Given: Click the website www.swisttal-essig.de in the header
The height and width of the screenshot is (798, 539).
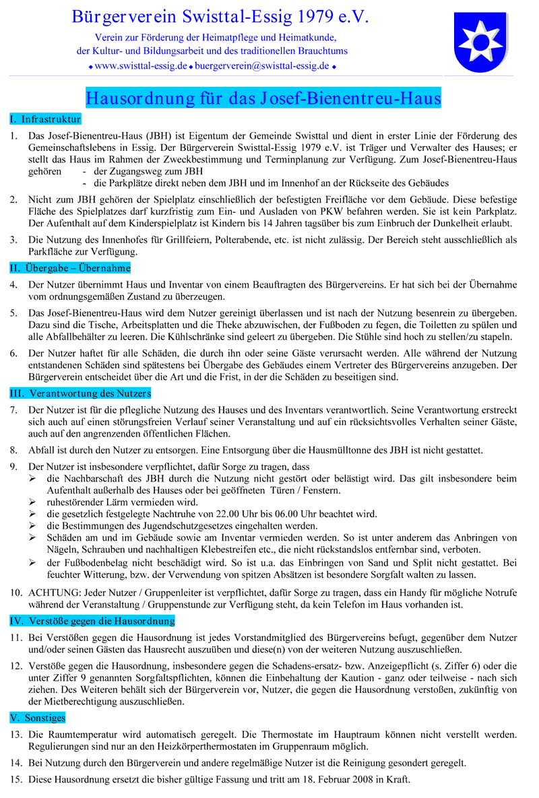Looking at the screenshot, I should coord(141,66).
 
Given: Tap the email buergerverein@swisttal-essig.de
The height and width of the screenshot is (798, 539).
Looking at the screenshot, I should coord(262,66).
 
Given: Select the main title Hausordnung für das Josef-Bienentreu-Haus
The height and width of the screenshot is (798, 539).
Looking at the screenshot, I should coord(263,98).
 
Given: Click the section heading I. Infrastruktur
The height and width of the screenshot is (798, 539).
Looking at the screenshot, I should coord(45,119).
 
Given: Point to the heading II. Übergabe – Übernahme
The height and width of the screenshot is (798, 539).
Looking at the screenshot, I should coord(70,268).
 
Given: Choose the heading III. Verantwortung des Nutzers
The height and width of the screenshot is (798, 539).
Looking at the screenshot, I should coord(80,393).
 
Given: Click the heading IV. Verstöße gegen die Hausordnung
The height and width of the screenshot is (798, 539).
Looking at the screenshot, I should coord(92,620).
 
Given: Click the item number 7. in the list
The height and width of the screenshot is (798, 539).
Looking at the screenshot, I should coord(13,409).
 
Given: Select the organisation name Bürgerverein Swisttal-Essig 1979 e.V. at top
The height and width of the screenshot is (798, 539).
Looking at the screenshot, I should coord(220,17).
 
